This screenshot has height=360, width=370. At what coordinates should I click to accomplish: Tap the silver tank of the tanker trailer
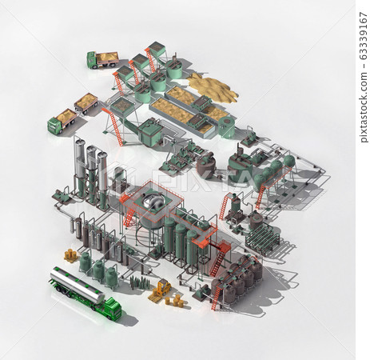tap(78, 285)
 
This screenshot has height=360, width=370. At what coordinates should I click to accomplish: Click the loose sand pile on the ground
tap(213, 89)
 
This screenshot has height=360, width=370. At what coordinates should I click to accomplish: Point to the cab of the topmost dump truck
tap(92, 60)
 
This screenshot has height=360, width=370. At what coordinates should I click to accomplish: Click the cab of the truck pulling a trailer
tap(55, 126)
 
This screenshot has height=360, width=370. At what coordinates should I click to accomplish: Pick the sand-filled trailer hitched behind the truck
tap(86, 102)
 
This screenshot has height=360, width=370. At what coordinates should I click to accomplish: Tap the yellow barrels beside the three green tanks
tap(70, 255)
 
